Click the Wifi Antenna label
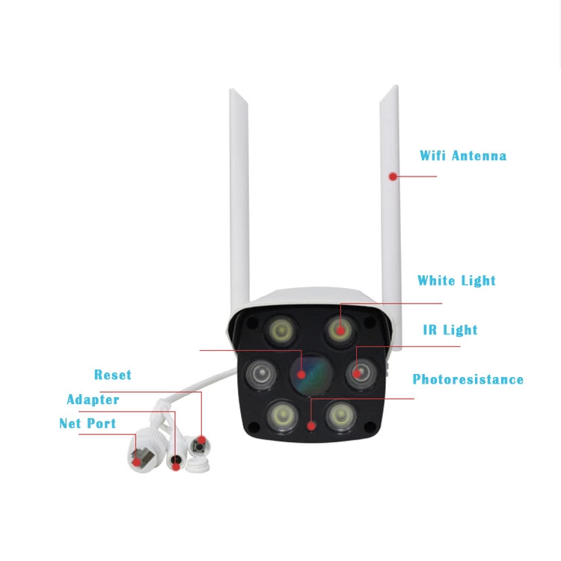462,156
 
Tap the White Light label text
456,280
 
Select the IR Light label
450,330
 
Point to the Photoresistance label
467,379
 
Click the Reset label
113,375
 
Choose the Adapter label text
93,399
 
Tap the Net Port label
88,423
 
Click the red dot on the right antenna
393,177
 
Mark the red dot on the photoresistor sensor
311,426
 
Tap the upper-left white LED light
281,330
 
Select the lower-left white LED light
282,415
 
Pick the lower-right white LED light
341,415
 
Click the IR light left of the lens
261,374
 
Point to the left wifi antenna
239,200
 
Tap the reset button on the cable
199,447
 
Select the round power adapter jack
175,461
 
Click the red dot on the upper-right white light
340,330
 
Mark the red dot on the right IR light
357,374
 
